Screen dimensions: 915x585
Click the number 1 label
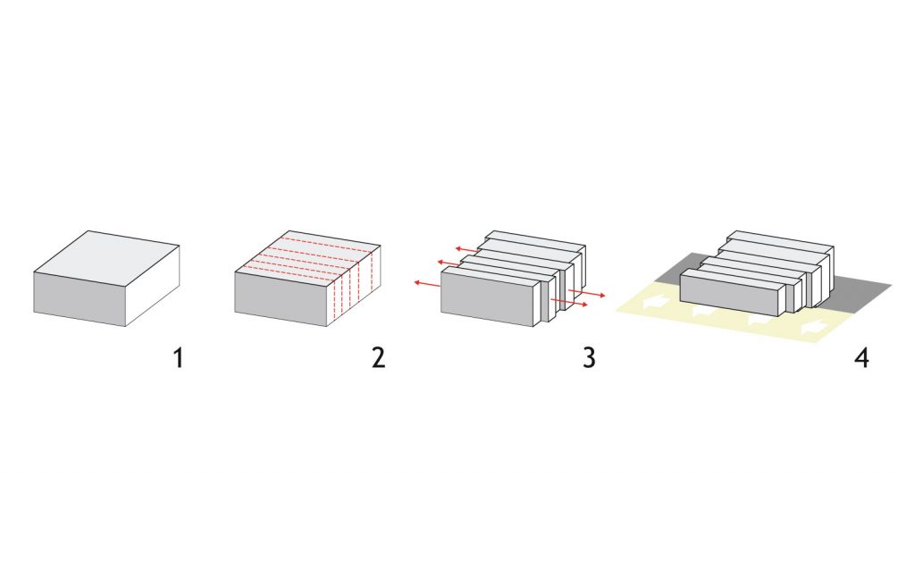click(179, 357)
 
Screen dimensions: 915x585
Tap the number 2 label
click(379, 357)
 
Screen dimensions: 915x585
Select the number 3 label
click(590, 357)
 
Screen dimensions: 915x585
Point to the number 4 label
click(862, 357)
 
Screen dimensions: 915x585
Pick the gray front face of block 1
click(80, 298)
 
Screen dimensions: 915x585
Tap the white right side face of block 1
click(152, 285)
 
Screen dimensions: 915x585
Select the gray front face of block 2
click(281, 298)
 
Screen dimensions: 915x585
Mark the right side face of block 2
click(354, 285)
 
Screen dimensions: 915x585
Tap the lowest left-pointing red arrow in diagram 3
click(427, 284)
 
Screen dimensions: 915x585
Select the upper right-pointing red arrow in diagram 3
click(586, 293)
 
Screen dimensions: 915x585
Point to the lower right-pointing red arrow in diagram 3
click(569, 303)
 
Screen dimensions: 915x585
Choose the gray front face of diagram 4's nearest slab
click(730, 297)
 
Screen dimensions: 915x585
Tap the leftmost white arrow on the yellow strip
click(656, 303)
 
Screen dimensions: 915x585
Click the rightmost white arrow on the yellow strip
click(815, 327)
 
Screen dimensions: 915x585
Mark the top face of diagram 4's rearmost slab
click(780, 240)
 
